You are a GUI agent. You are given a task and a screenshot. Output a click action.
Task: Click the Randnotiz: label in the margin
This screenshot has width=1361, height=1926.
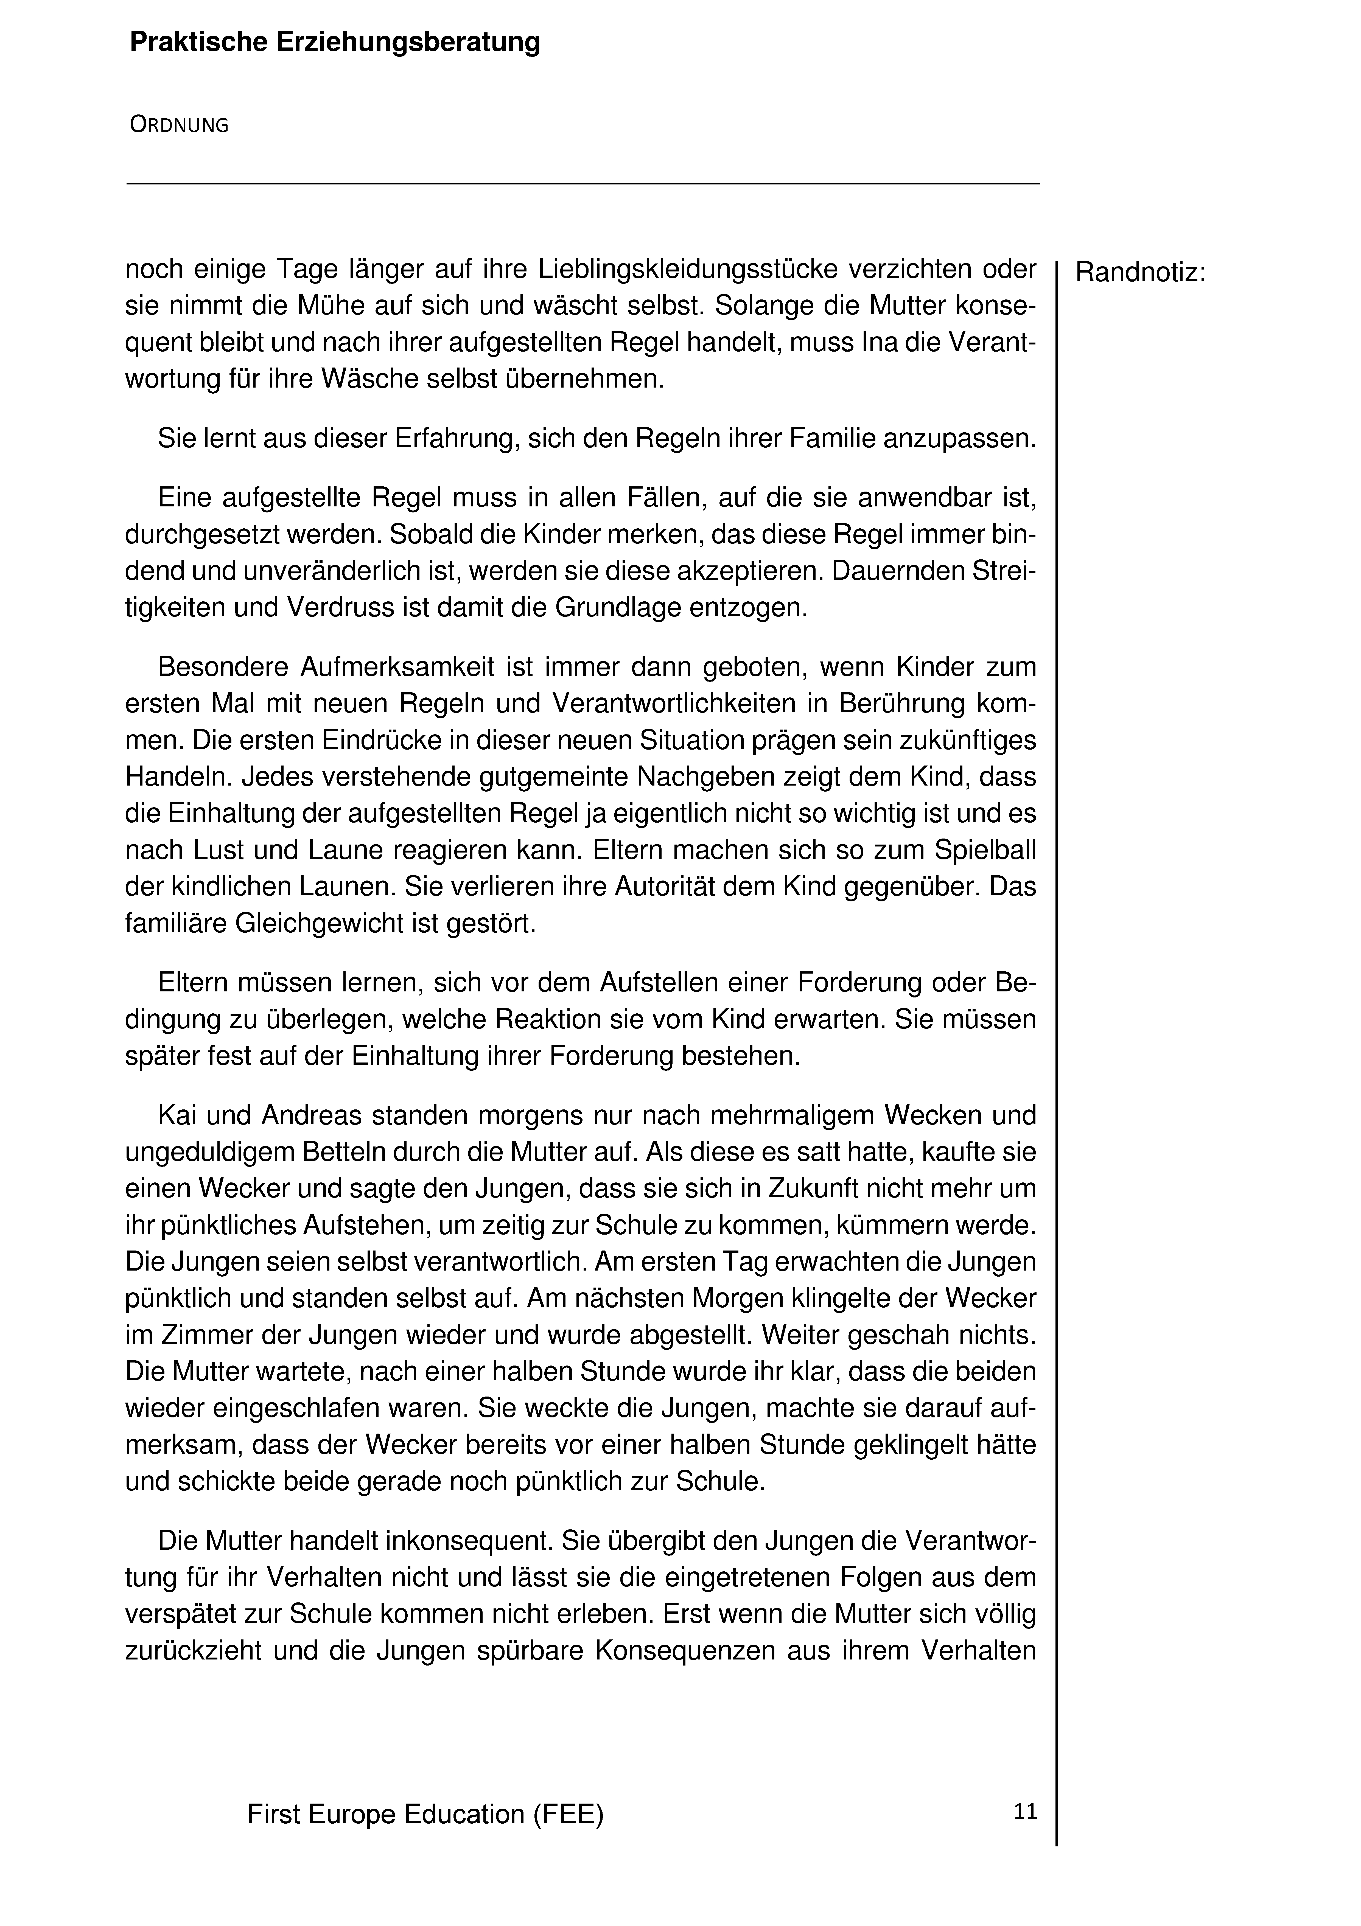[1140, 273]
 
